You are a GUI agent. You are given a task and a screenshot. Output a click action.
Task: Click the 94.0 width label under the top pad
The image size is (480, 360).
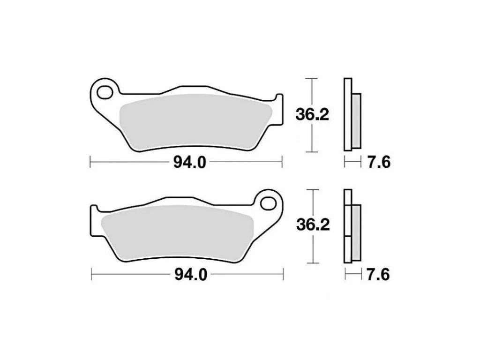coord(190,162)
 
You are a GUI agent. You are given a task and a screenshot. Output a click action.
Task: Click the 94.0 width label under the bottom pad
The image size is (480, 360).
coord(191,274)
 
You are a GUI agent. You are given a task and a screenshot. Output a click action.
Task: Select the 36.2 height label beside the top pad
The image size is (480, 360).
coord(312,115)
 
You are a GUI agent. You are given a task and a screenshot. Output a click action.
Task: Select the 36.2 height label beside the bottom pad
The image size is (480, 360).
coord(313,225)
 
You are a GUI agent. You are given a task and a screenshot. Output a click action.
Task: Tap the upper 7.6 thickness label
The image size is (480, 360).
coord(379,162)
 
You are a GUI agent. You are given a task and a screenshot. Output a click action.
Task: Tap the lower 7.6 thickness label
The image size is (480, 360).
coord(378,274)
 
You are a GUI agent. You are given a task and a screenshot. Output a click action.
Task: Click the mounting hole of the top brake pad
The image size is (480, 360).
coord(105,92)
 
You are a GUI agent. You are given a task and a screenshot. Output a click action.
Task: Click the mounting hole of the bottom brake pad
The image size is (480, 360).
coord(269,203)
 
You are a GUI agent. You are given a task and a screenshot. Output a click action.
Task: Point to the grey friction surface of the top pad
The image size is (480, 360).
coord(196,122)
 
